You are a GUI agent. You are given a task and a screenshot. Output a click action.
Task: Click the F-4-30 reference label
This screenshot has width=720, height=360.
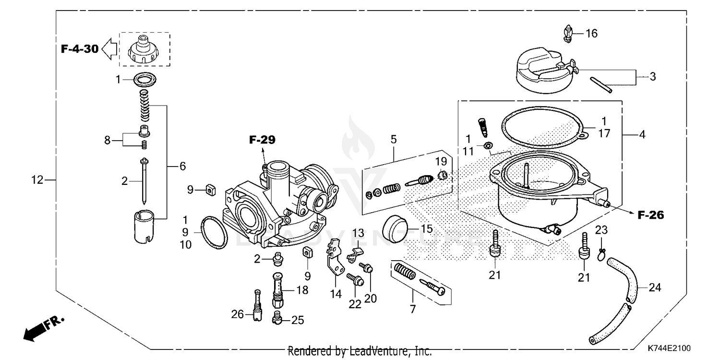80,48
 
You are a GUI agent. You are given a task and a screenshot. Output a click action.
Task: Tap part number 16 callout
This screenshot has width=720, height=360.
591,33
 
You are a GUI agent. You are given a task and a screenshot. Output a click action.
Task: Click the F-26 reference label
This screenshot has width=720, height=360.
650,216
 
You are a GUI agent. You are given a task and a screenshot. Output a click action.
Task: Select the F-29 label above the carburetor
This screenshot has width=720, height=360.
263,140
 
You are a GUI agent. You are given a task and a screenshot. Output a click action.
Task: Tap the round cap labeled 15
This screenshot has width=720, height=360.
397,229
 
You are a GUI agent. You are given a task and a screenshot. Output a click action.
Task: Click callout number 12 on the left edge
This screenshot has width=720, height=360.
37,180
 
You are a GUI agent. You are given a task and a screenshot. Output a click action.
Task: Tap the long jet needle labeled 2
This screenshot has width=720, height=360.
144,181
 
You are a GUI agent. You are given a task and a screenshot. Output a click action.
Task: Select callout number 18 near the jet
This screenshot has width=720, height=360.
302,290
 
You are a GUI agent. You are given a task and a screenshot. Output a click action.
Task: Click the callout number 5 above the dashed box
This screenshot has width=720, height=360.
393,140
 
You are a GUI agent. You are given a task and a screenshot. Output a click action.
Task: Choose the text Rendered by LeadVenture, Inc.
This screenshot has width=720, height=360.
360,351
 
